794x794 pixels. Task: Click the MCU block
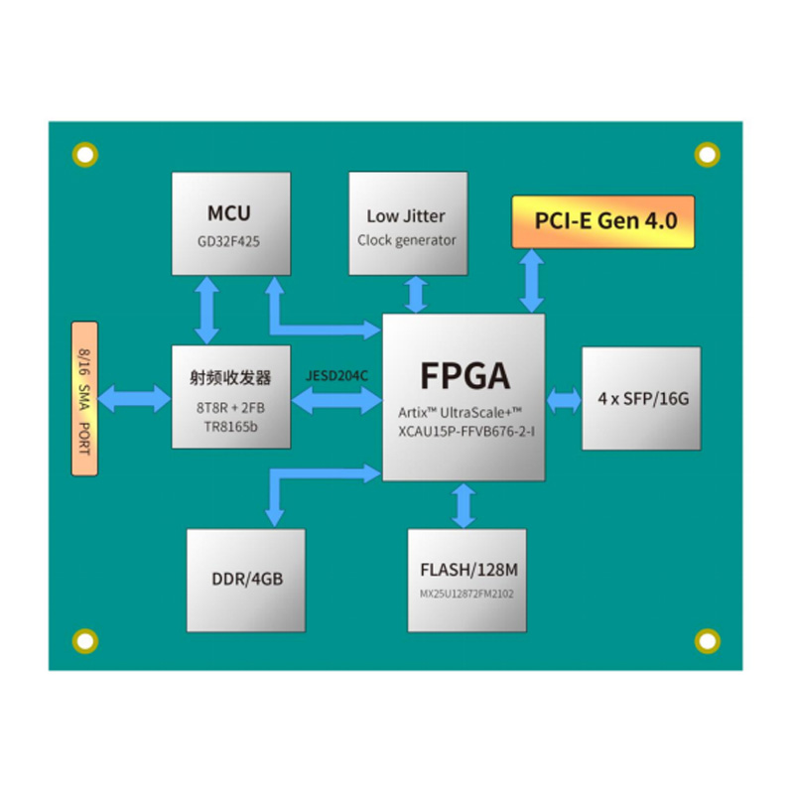[x=230, y=224]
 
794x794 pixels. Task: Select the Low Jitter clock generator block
[x=407, y=224]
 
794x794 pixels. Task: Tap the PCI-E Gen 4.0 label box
[x=602, y=221]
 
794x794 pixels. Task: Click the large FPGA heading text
[x=464, y=376]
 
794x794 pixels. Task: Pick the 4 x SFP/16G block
[x=641, y=399]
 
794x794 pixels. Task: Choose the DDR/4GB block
[x=246, y=580]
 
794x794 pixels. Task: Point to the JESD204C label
[x=336, y=377]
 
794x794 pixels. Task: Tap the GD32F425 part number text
[x=229, y=241]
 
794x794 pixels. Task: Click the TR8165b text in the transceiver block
[x=230, y=426]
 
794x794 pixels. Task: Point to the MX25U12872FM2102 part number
[x=466, y=595]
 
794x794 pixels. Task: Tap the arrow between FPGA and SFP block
[x=564, y=399]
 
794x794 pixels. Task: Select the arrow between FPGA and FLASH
[x=463, y=505]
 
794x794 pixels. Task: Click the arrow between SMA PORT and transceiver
[x=135, y=399]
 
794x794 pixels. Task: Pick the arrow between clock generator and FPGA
[x=414, y=295]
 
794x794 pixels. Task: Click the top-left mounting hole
[x=85, y=154]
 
